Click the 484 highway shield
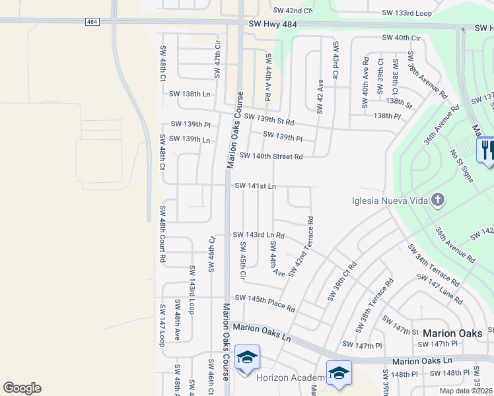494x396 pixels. pos(92,22)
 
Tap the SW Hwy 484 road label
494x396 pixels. pos(273,24)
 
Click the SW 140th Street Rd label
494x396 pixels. pos(271,156)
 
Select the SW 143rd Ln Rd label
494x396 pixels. pos(259,235)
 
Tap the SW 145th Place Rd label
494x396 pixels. pos(264,304)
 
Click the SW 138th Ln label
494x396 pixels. pos(190,95)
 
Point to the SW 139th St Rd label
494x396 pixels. pos(268,120)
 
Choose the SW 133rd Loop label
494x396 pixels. pos(406,13)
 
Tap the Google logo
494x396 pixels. pos(22,388)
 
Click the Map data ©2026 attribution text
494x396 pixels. pos(466,391)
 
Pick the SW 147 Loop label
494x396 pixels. pos(161,325)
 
